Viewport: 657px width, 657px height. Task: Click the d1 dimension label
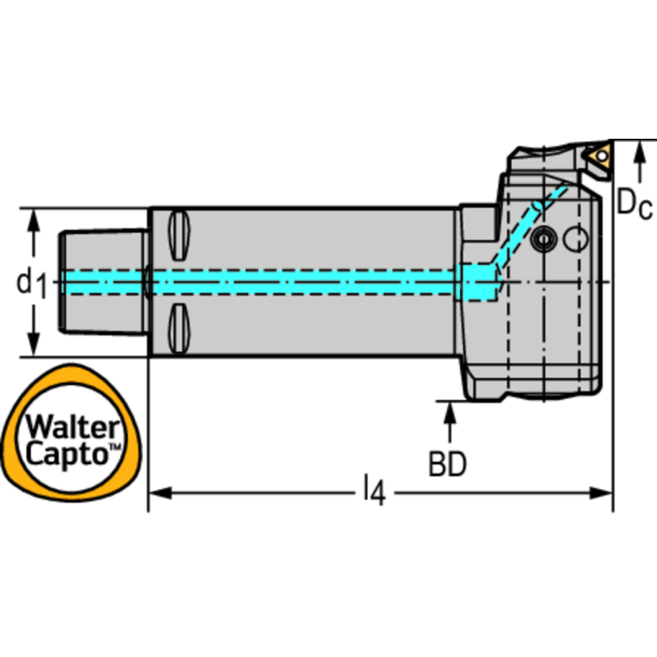(33, 283)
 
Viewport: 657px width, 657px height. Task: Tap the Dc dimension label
(635, 204)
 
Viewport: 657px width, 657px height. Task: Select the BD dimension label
(447, 464)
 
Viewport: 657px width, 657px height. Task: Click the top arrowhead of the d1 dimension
(33, 218)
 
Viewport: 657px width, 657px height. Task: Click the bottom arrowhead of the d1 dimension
(33, 347)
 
